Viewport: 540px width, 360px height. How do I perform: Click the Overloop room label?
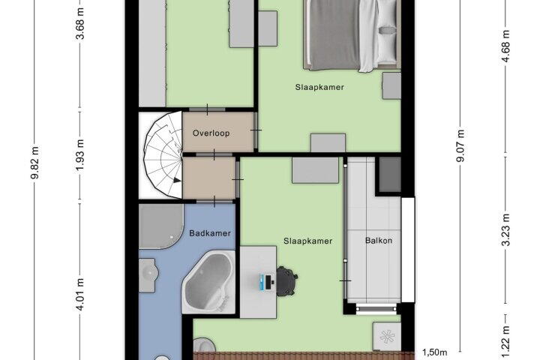211,133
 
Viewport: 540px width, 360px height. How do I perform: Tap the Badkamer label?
210,233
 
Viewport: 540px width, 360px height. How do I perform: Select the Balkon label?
379,241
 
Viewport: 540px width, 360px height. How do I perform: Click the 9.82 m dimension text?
34,163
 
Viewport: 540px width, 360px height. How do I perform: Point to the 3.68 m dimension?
80,24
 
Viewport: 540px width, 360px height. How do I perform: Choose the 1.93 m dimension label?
80,155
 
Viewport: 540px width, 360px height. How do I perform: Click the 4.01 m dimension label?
80,294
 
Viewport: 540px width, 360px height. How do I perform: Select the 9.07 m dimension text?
460,145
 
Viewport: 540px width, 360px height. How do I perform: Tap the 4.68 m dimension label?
505,46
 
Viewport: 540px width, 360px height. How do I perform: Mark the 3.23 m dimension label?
505,229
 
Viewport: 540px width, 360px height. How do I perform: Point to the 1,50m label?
434,352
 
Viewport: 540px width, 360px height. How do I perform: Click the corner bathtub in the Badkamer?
208,282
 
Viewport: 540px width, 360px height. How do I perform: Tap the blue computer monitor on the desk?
265,282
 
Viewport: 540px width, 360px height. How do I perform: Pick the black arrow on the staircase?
177,180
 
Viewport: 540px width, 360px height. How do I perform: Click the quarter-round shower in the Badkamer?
160,226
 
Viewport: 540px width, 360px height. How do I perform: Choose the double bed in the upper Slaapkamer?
352,34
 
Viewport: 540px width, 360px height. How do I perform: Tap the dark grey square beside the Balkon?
390,174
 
